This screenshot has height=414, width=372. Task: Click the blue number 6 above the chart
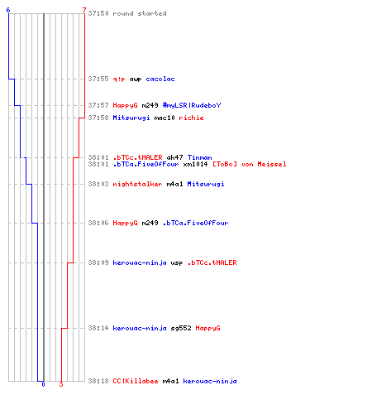pos(8,10)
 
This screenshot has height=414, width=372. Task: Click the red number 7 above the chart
pos(84,10)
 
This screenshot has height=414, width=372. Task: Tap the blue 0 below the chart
pos(43,384)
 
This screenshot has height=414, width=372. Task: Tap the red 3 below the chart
pos(61,384)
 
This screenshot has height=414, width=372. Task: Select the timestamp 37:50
pos(98,13)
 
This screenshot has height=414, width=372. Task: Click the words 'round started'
pos(140,13)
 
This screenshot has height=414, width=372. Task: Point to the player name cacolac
pos(160,79)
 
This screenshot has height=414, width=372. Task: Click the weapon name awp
pos(136,79)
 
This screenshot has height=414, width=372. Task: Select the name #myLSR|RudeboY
pos(192,105)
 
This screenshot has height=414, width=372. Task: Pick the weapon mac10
pos(165,118)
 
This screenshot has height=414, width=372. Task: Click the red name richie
pos(191,118)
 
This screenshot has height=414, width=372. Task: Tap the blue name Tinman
pos(200,157)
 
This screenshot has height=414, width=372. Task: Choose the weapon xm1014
pos(195,164)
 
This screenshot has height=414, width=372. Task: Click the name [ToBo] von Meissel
pos(250,164)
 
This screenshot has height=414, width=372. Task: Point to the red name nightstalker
pos(137,184)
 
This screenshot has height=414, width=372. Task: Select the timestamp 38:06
pos(98,223)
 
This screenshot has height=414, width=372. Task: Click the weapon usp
pos(177,263)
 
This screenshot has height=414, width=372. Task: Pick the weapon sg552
pos(181,328)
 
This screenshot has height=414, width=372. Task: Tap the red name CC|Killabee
pos(136,381)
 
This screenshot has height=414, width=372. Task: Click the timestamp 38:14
pos(98,328)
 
